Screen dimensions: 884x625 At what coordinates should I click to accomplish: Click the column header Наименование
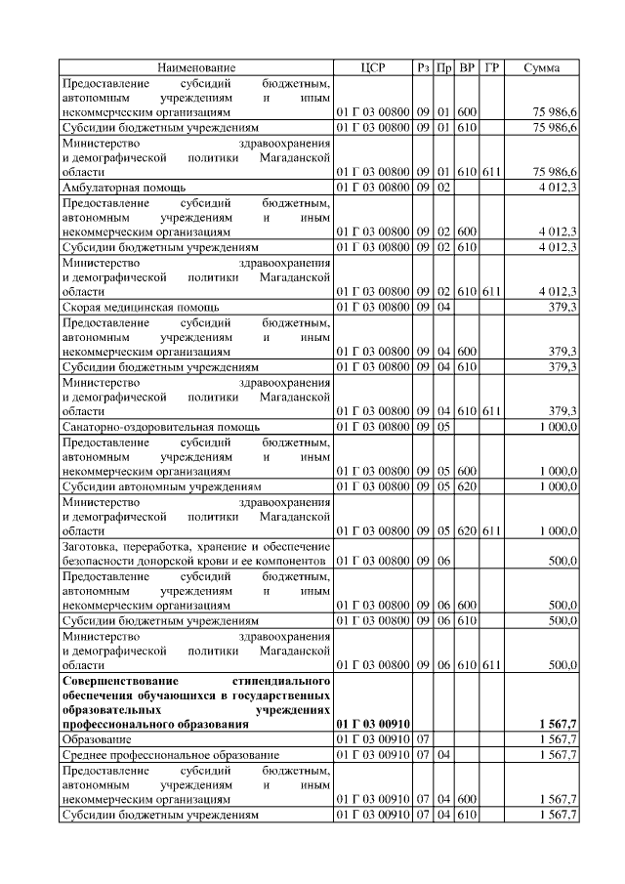(x=196, y=67)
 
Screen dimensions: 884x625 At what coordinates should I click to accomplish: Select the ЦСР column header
(x=373, y=67)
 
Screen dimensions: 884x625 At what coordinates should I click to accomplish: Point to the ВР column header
(x=467, y=67)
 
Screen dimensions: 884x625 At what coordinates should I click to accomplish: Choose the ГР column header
(x=492, y=67)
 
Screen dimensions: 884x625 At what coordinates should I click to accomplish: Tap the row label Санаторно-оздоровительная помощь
(x=161, y=427)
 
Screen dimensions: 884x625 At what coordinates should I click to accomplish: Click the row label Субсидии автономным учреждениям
(x=161, y=485)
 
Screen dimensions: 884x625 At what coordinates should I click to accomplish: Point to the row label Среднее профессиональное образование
(x=171, y=755)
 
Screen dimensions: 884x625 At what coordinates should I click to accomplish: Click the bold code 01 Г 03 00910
(x=373, y=724)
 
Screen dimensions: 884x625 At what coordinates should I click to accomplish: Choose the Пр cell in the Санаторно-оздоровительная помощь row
(x=443, y=427)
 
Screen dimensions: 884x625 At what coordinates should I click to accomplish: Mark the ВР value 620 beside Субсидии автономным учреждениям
(x=467, y=485)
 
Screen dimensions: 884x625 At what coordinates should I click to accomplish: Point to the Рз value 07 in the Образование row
(x=423, y=740)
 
